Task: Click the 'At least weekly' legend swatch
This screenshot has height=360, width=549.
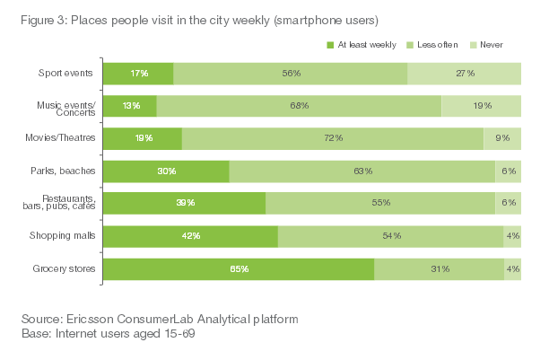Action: point(330,44)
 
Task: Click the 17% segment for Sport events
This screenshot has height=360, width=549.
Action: point(138,74)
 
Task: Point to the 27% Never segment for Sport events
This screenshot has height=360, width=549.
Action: point(464,74)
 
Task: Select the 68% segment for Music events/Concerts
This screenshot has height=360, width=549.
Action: point(299,106)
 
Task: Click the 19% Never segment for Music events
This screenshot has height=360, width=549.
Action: point(481,106)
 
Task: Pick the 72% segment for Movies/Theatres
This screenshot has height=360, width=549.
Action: point(333,138)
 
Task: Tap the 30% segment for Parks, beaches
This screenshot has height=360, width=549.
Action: point(166,171)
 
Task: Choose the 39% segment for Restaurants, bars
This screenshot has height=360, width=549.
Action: point(185,203)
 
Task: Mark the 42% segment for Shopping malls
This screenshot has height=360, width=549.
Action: point(190,236)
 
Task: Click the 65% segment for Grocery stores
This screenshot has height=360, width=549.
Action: point(239,268)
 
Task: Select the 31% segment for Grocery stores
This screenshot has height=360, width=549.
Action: point(439,268)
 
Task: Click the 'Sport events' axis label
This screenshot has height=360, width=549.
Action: point(68,74)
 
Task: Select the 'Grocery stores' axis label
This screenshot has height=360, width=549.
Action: point(65,268)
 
